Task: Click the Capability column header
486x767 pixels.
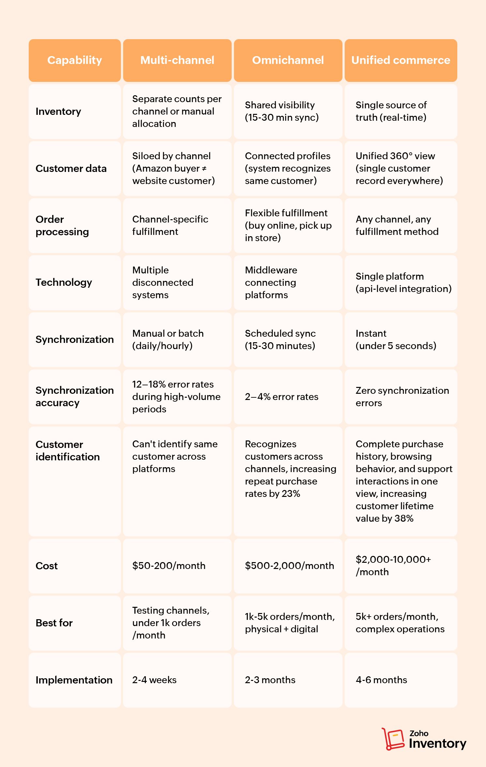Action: coord(75,60)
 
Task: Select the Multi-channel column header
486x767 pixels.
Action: coord(177,60)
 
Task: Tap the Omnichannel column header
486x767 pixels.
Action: coord(288,60)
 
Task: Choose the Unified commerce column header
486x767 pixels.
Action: coord(401,60)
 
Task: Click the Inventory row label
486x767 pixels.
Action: coord(58,112)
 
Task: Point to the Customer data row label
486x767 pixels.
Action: coord(71,169)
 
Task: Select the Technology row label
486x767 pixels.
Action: coord(64,283)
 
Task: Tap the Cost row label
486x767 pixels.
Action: coord(47,566)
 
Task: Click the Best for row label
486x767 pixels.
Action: coord(54,623)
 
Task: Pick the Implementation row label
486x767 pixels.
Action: coord(74,680)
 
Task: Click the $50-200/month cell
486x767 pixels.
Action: coord(169,566)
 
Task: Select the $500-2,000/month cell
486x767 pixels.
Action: coord(289,566)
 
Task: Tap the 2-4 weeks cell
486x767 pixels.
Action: coord(154,680)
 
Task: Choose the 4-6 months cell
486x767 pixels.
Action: coord(381,680)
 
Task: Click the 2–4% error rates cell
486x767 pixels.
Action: coord(281,397)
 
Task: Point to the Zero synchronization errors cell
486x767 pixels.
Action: coord(402,397)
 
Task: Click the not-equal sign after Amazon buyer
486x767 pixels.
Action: coord(204,169)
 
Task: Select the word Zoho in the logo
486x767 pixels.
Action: coord(419,733)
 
